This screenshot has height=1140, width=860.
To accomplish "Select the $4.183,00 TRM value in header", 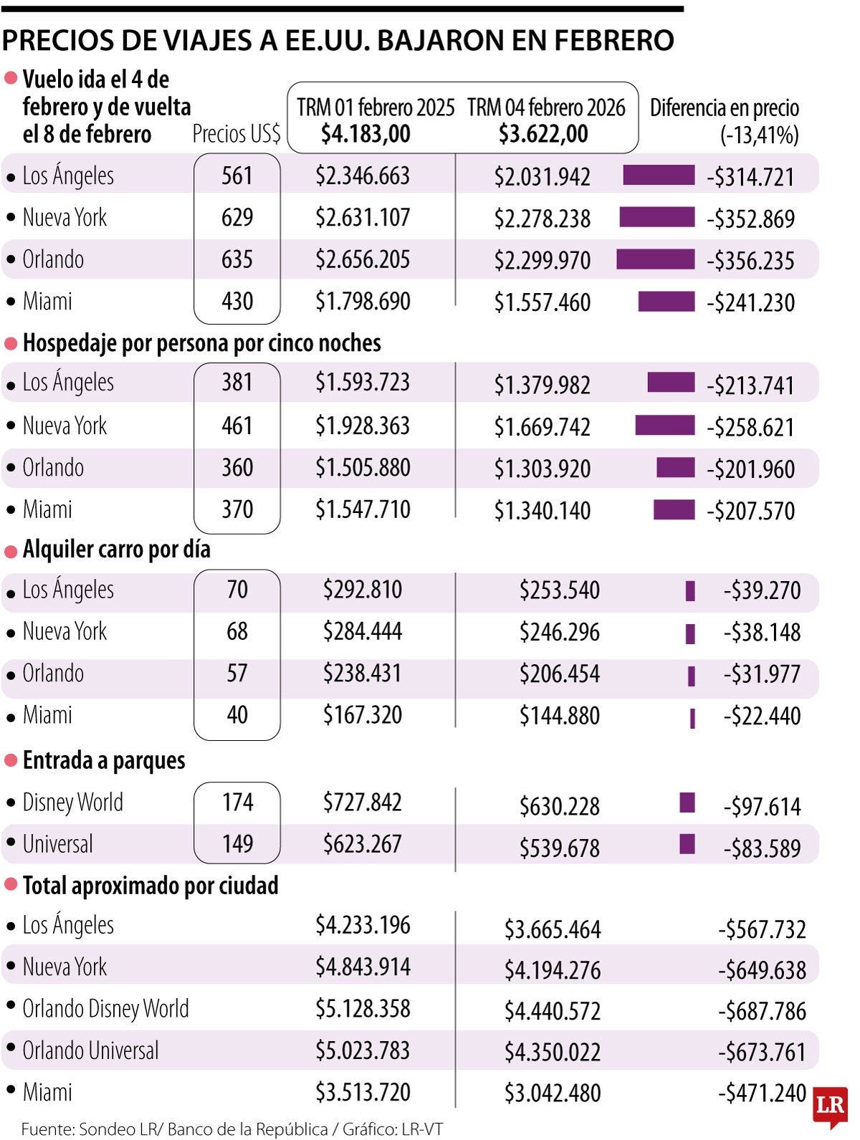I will coord(365,134).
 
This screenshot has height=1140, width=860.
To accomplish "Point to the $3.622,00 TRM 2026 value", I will coord(543,134).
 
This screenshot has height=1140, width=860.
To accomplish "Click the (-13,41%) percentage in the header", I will coord(759,135).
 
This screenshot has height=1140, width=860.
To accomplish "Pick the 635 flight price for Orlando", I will coord(237,259).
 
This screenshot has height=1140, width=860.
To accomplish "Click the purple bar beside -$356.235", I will coord(655,259).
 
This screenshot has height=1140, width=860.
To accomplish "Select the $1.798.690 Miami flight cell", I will coord(363,302).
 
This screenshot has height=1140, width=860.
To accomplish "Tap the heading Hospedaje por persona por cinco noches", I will coord(201,343).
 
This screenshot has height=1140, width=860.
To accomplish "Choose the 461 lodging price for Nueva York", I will coord(237,426).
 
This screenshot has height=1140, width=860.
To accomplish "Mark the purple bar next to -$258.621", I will coord(664,426).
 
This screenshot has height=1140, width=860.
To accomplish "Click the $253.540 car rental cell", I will coord(559,590).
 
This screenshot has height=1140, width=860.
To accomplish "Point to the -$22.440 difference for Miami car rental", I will coord(762,716).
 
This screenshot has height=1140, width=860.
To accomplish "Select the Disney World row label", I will coord(72,803).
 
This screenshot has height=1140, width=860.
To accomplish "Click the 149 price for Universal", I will coord(237,844).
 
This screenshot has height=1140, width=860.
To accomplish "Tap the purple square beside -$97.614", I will coord(687,803).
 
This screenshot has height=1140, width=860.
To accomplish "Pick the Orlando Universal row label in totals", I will coord(90,1051).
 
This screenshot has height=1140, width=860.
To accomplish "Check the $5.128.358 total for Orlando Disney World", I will coord(363,1009).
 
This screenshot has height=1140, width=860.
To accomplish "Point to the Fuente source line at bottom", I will coord(231,1129).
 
